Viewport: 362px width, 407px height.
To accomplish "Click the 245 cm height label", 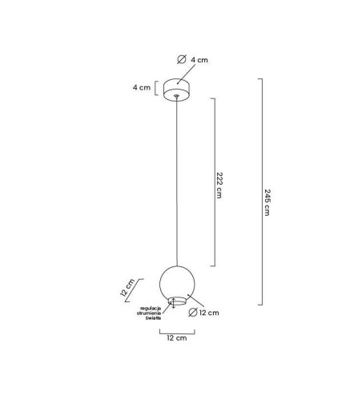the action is click(x=267, y=202).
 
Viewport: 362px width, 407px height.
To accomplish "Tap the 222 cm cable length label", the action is click(x=219, y=186).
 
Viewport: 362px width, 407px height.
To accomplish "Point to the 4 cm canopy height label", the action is click(x=142, y=87).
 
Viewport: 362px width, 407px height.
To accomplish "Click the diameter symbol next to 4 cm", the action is click(x=182, y=59).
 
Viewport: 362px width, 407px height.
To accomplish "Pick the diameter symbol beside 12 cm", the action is click(x=193, y=312).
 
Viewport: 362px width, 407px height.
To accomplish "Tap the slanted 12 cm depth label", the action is click(x=127, y=288).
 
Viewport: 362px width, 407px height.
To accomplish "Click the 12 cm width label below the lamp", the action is click(x=177, y=338).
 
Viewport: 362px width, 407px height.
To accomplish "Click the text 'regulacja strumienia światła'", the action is click(x=149, y=313).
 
